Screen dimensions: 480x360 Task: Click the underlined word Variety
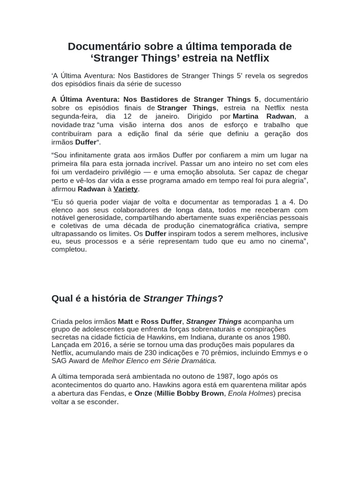(x=126, y=189)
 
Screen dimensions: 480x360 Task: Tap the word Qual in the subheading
(x=61, y=299)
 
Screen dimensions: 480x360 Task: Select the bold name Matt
(x=125, y=322)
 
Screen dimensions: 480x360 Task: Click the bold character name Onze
(x=143, y=393)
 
